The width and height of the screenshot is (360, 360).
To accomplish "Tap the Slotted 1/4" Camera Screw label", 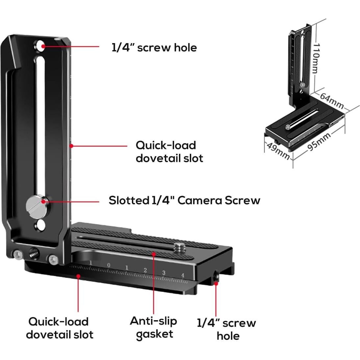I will (184, 200).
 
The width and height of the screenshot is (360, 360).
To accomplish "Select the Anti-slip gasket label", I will (154, 327).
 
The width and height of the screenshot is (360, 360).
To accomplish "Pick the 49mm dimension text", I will (278, 150).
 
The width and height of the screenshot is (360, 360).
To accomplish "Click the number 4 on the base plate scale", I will (183, 275).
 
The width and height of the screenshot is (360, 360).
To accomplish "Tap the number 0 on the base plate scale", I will (109, 266).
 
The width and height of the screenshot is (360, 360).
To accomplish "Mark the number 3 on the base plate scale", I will (164, 273).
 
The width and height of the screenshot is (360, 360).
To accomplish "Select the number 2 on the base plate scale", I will (145, 270).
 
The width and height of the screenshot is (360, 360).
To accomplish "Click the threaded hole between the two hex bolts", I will (34, 253).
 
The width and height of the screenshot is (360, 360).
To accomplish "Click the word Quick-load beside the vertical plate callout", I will (166, 145).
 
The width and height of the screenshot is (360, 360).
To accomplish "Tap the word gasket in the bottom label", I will (155, 334).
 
